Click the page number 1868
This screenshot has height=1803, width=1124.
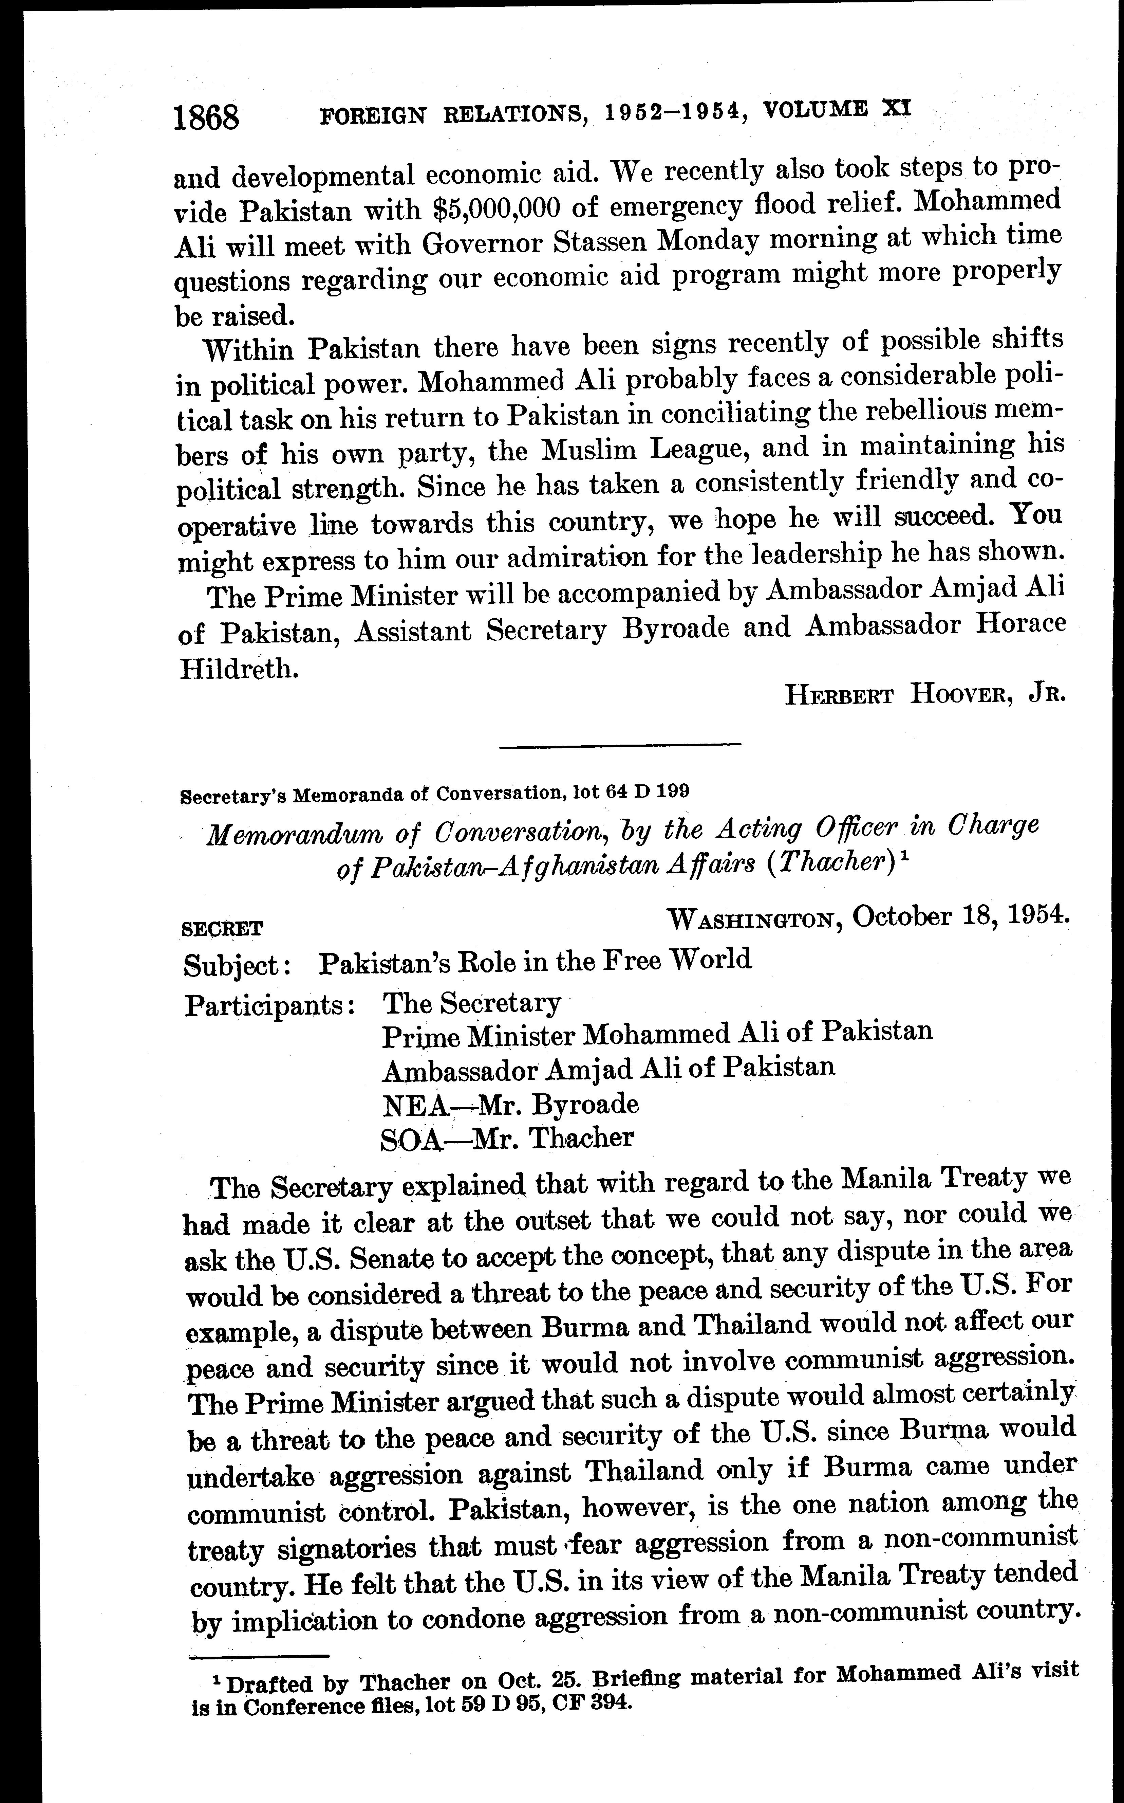[x=206, y=117]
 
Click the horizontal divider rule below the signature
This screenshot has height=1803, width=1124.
[x=621, y=745]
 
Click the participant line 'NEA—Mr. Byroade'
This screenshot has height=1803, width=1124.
[x=510, y=1104]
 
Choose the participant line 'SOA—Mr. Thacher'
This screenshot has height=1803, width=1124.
[x=507, y=1138]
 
